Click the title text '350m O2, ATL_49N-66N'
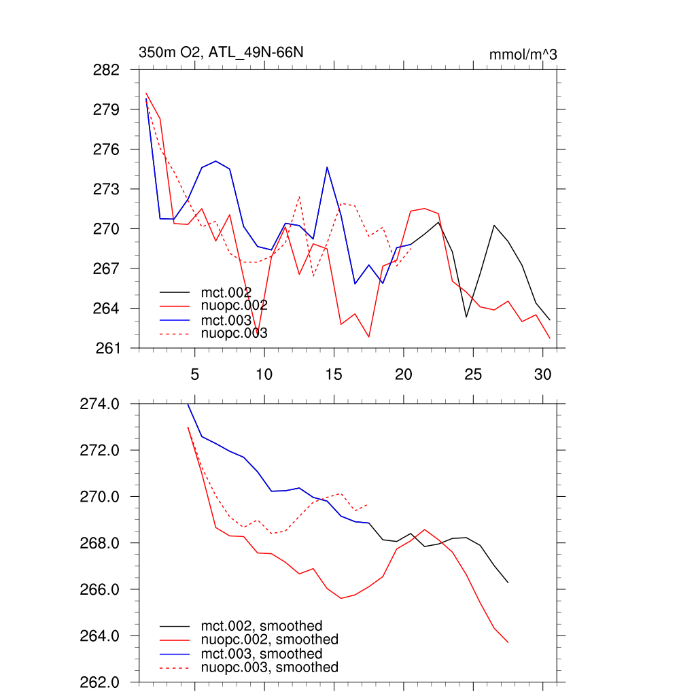(221, 52)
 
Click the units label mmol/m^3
(523, 54)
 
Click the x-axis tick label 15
(334, 375)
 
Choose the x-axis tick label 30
(542, 375)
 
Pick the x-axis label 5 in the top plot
(194, 375)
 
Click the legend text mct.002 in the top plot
(231, 293)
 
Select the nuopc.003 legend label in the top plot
(234, 333)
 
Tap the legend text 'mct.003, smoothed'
(262, 654)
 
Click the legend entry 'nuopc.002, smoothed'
(270, 640)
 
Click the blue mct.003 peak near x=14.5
(327, 167)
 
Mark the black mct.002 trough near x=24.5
(466, 317)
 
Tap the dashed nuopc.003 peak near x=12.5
(299, 196)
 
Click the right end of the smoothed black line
(508, 582)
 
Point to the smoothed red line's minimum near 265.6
(341, 598)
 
